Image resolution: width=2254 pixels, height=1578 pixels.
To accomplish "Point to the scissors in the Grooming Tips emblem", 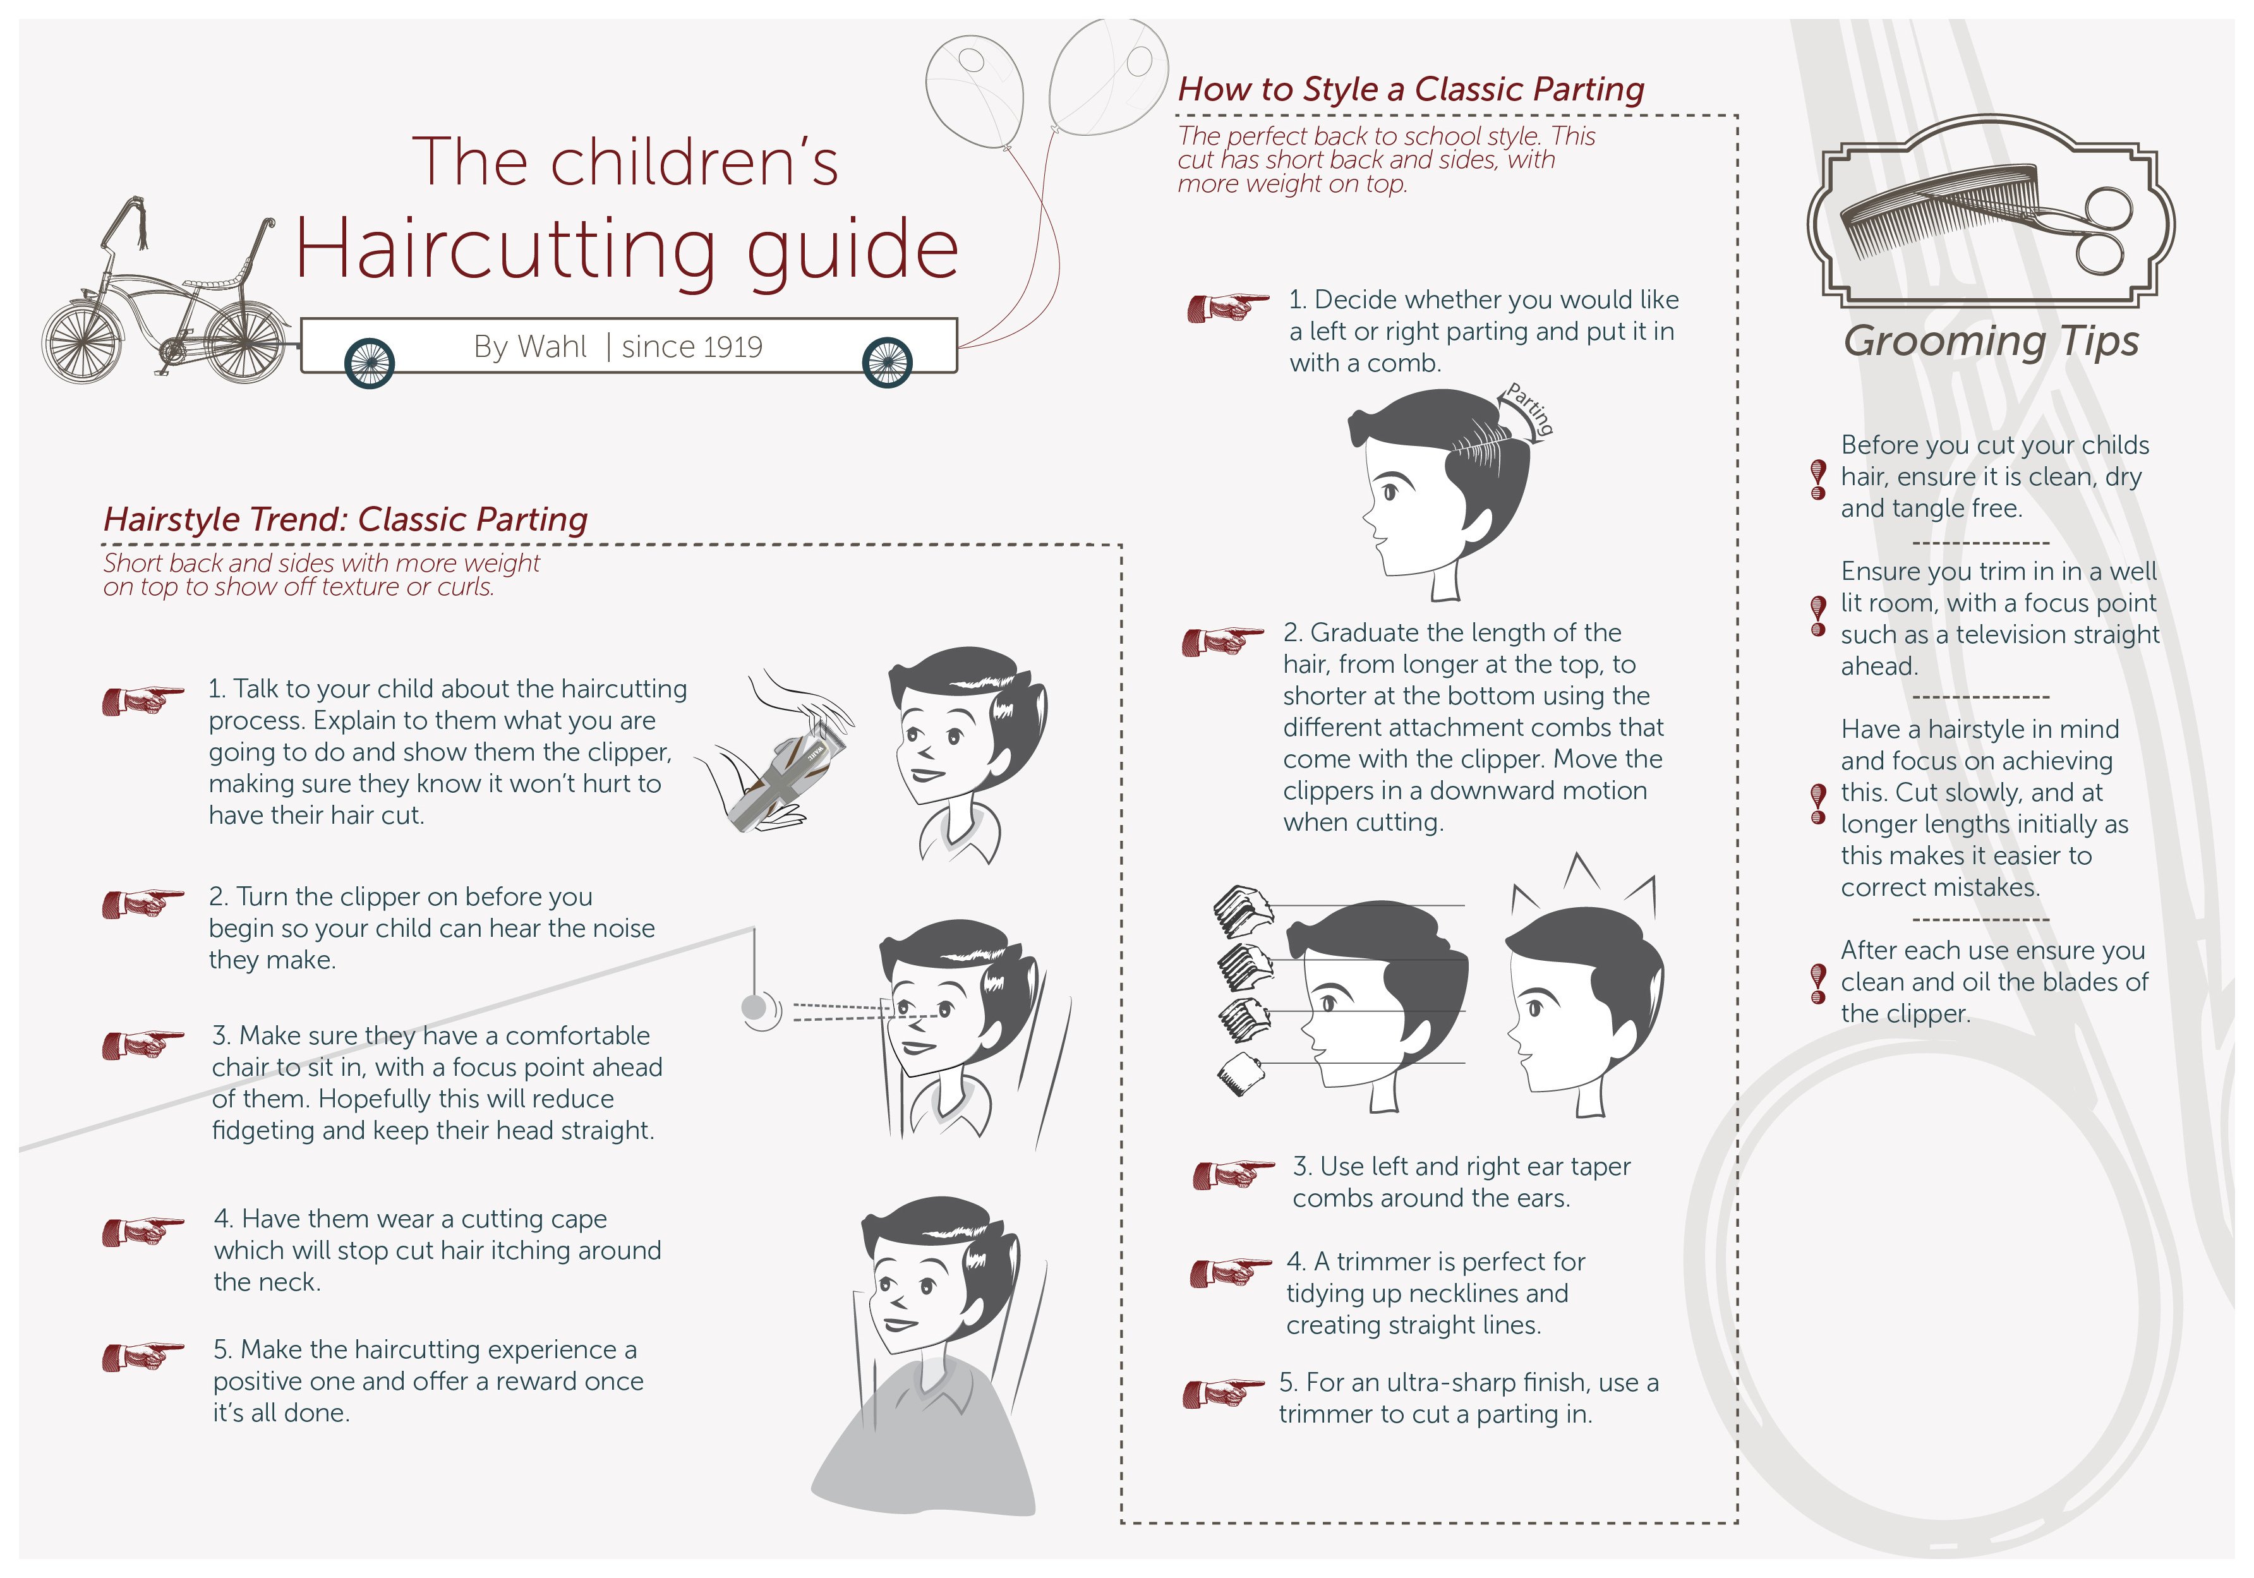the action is pyautogui.click(x=2071, y=230).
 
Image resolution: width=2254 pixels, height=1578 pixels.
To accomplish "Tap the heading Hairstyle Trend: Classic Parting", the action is pyautogui.click(x=346, y=519).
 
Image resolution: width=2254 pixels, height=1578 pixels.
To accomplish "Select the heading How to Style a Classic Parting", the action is pyautogui.click(x=1411, y=89).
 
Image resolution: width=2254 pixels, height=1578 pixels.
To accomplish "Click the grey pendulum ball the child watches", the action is pyautogui.click(x=754, y=1008).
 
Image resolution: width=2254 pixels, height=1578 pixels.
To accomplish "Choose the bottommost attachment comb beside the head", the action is pyautogui.click(x=1240, y=1075).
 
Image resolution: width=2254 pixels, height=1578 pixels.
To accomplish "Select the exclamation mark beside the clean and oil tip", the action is pyautogui.click(x=1818, y=983).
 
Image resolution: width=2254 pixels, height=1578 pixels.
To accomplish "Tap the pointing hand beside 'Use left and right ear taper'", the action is pyautogui.click(x=1233, y=1174).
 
